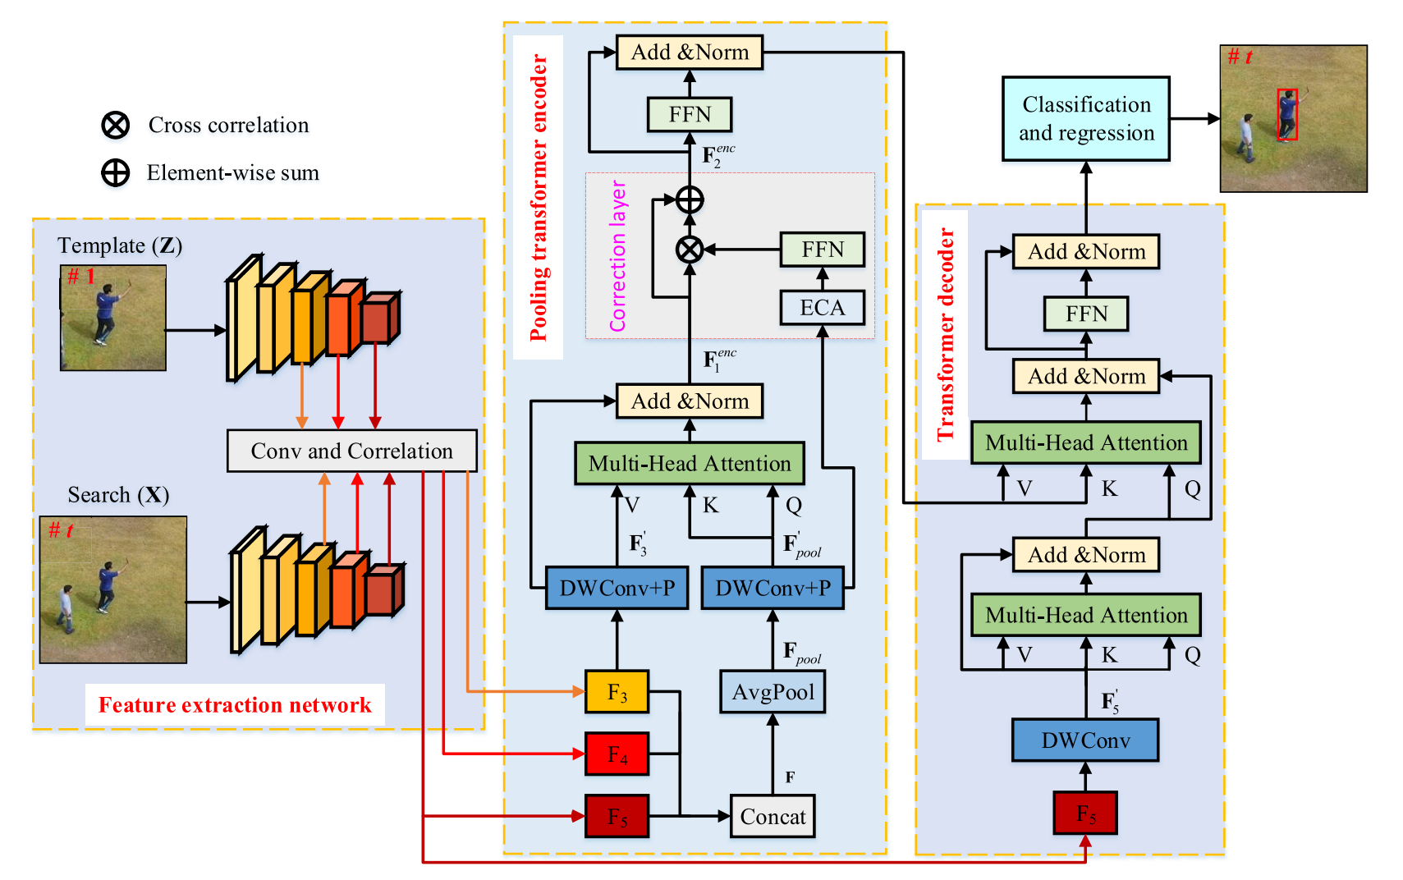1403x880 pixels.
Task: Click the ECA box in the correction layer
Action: (822, 308)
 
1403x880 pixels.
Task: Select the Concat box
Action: (773, 816)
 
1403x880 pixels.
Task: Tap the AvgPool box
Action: (773, 691)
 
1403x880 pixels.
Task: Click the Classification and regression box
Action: (1086, 118)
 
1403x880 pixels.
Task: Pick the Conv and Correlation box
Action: (351, 451)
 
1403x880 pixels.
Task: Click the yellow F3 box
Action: (617, 691)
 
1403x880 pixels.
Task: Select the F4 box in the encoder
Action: (617, 754)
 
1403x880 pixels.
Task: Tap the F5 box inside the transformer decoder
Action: (1085, 813)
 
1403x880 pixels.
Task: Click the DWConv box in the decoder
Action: (1085, 740)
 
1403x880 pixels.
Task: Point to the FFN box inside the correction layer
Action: (822, 250)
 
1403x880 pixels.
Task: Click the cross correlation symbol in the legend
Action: (116, 126)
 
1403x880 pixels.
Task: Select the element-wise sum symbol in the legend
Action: (116, 172)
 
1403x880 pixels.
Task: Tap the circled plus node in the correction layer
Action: (690, 199)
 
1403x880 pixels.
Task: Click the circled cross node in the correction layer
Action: (690, 250)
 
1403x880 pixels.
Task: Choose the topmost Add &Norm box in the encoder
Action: (690, 52)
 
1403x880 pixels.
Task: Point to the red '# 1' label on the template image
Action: (81, 276)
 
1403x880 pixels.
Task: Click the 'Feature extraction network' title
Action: (235, 704)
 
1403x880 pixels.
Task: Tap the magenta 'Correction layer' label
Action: (617, 256)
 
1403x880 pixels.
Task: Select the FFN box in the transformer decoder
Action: (1086, 313)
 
